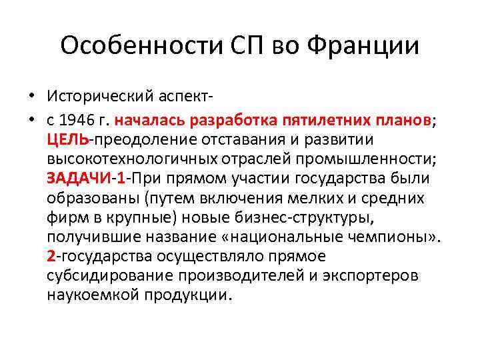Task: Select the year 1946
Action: click(77, 121)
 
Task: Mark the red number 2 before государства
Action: click(51, 257)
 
